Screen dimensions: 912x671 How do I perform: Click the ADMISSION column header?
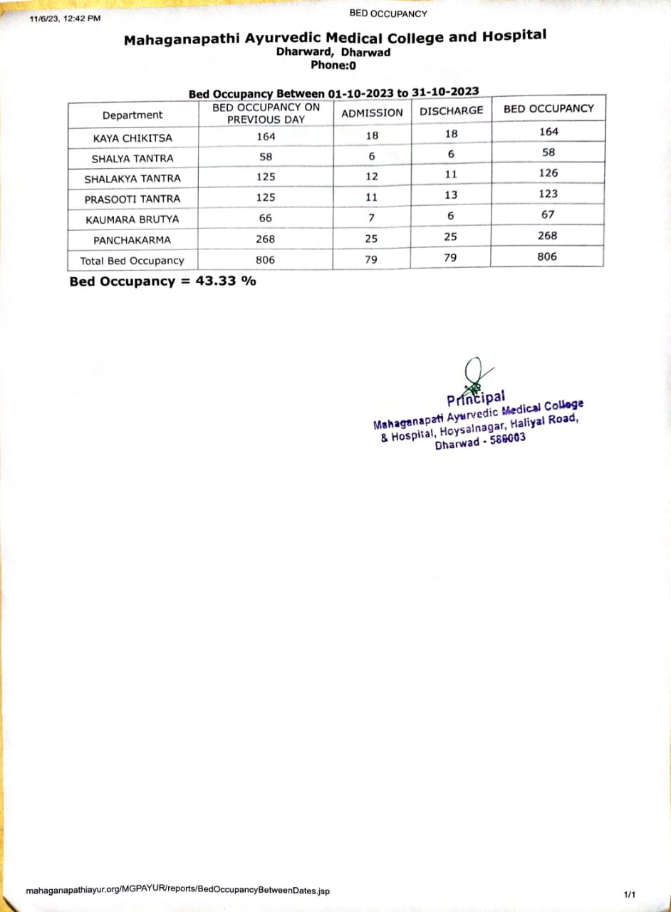click(372, 113)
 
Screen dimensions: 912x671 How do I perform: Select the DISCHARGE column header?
click(451, 110)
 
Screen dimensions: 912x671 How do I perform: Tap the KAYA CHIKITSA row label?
click(132, 138)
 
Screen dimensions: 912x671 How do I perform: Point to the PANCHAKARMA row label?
click(132, 240)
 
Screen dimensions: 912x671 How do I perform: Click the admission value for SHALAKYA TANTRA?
click(371, 177)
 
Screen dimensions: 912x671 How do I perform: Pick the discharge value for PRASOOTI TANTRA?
click(450, 195)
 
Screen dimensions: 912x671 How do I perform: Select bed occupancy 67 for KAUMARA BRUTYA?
click(548, 214)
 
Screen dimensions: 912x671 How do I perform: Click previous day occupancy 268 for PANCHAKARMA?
click(265, 239)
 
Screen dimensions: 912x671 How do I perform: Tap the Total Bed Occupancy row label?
click(132, 261)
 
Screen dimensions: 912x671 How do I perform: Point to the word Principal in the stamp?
click(476, 398)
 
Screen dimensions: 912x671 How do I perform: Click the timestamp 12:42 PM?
click(82, 19)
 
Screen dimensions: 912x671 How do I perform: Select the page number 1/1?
click(629, 893)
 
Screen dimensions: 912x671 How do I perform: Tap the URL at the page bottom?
click(177, 891)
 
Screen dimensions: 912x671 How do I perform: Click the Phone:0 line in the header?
click(333, 65)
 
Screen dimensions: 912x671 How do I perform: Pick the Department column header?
click(132, 115)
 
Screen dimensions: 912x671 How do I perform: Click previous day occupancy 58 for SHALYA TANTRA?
click(266, 157)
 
